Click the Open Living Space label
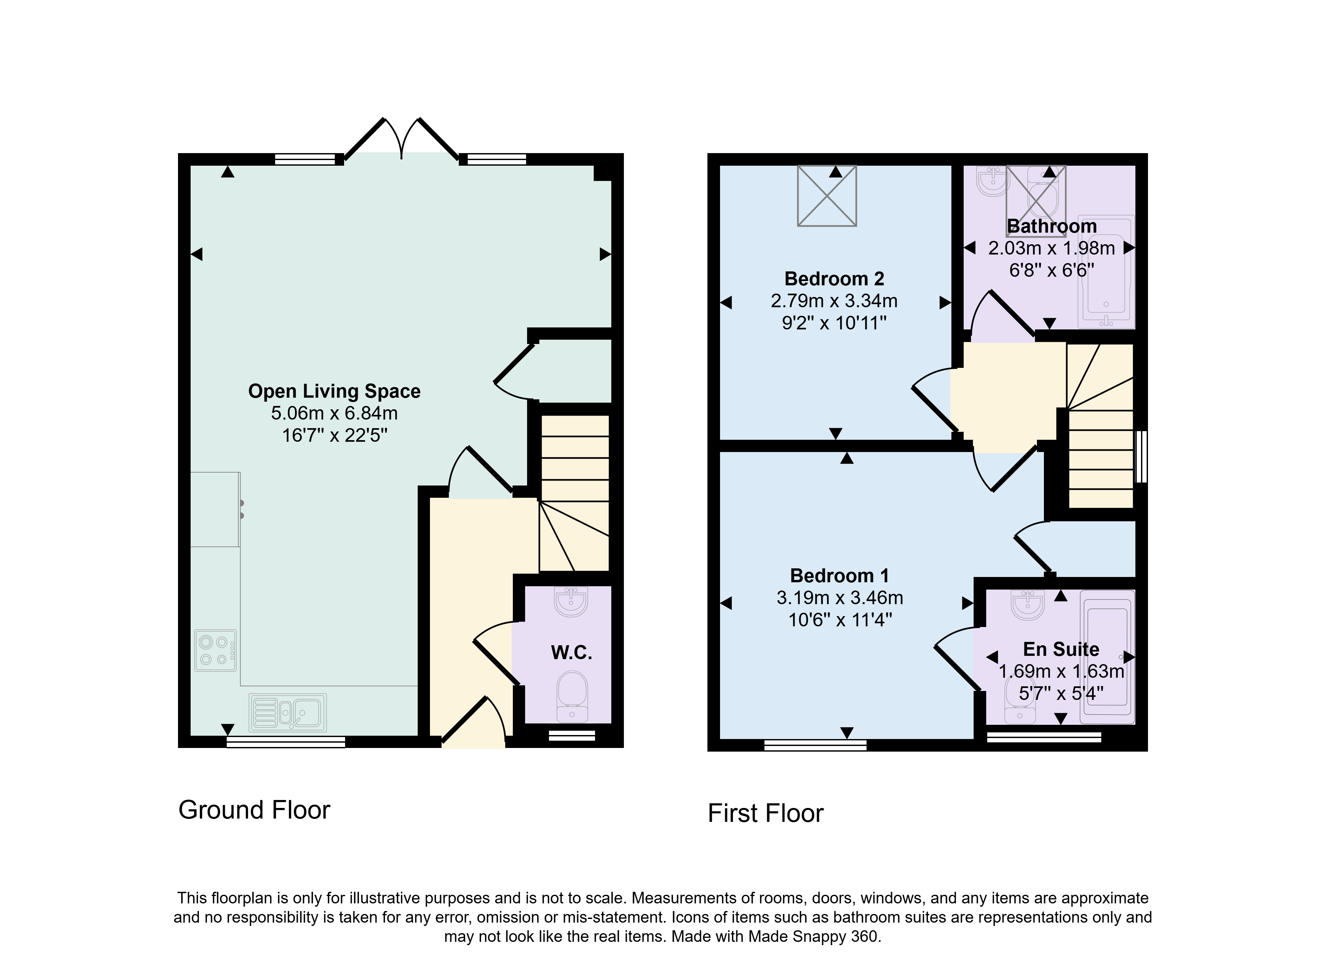[x=334, y=391]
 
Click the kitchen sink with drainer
[x=287, y=713]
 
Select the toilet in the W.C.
[x=572, y=697]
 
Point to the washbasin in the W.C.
[x=571, y=601]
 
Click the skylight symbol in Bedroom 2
[x=827, y=196]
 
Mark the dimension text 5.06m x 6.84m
[x=334, y=413]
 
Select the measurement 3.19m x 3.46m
[x=840, y=598]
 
